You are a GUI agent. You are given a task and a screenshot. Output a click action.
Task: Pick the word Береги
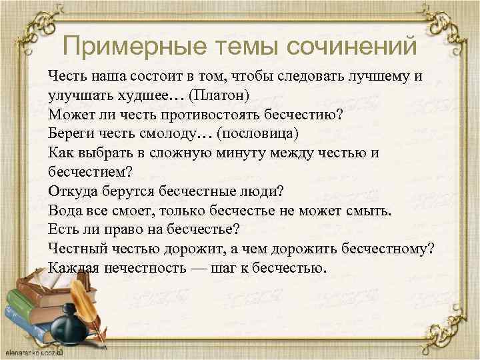pos(70,133)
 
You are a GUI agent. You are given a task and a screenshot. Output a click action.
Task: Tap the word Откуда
pos(72,191)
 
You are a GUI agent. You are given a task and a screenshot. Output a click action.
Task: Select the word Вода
pos(64,211)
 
